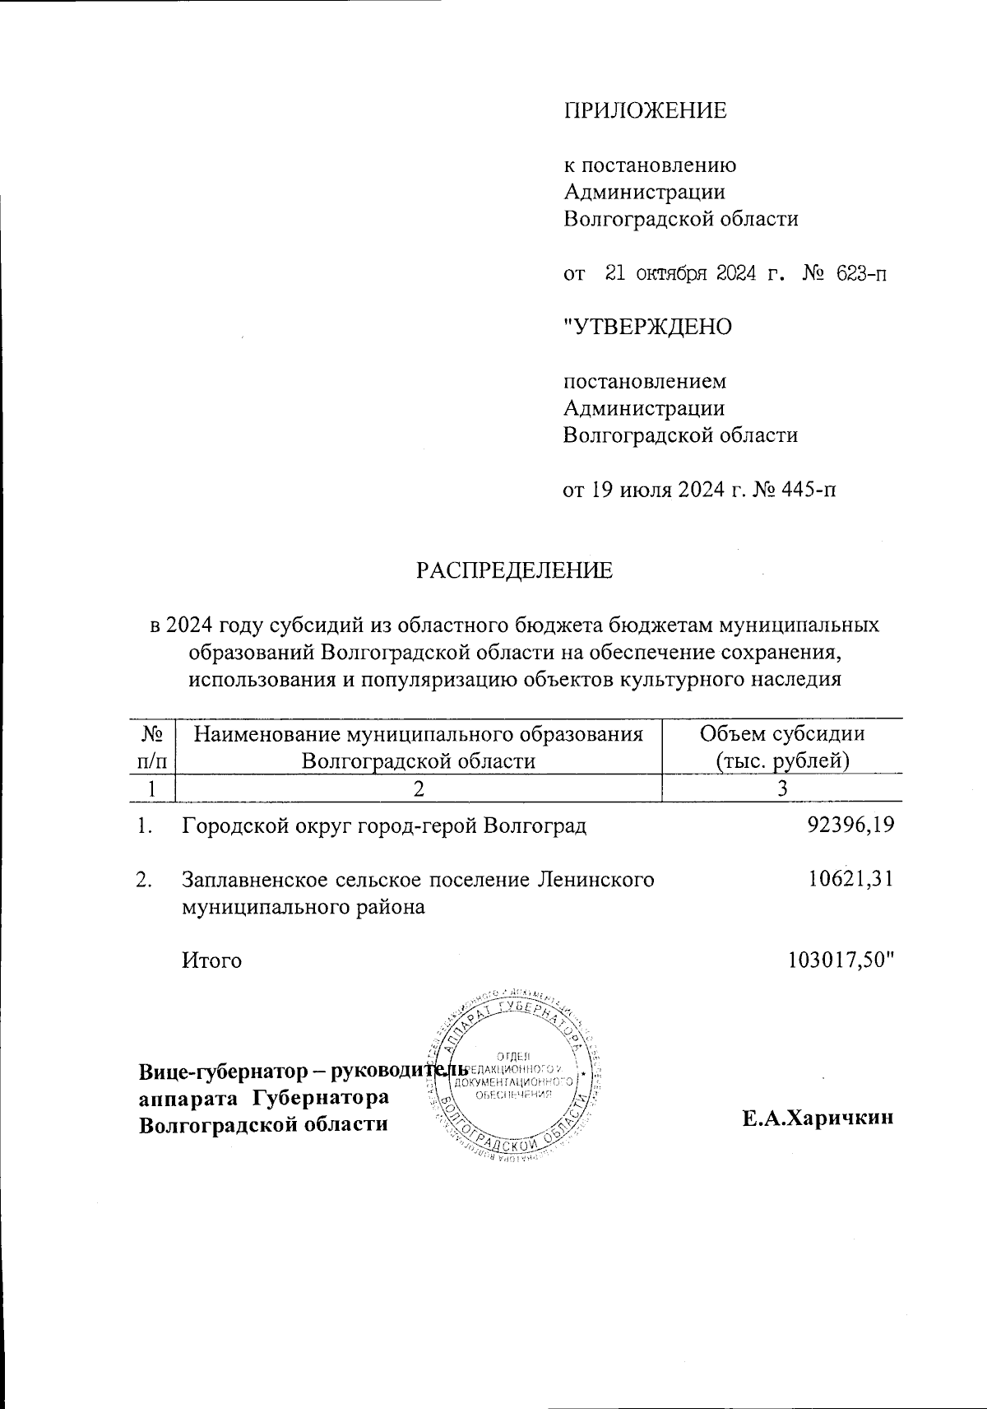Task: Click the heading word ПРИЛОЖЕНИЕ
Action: coord(645,110)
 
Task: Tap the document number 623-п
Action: coord(860,274)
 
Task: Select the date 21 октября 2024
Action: coord(680,274)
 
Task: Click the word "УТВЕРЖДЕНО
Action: coord(646,328)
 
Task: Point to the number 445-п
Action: coord(802,491)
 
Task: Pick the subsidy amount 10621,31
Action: coord(850,880)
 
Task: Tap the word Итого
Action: coord(211,960)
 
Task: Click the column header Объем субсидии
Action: coord(781,733)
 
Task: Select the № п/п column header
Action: coord(152,746)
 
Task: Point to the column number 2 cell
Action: coord(419,788)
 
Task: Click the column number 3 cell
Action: coord(782,788)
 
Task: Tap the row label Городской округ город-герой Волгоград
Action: coord(384,825)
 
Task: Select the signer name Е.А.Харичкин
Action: coord(817,1118)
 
